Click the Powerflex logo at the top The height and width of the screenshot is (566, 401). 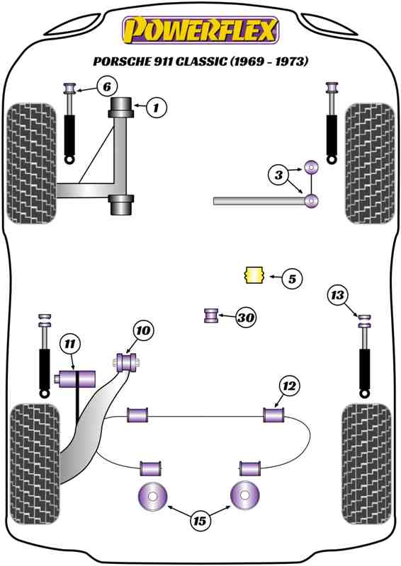[x=200, y=30]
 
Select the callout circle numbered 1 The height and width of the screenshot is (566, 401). [x=156, y=108]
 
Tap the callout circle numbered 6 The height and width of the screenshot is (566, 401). [x=107, y=86]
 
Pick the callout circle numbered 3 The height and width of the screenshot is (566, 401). [x=278, y=175]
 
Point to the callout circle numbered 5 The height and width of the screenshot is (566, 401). [x=292, y=279]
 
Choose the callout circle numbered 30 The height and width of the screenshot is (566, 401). [x=246, y=317]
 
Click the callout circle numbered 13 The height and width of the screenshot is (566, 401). [x=337, y=295]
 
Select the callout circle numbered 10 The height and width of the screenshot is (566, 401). [x=144, y=330]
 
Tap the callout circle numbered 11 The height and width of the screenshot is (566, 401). [x=70, y=344]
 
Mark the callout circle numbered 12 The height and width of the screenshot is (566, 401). [x=289, y=386]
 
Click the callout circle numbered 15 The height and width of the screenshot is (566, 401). [x=200, y=521]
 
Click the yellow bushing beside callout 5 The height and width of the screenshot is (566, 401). [x=253, y=275]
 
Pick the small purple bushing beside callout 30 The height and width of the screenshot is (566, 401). [x=211, y=316]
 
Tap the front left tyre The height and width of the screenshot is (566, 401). [x=32, y=163]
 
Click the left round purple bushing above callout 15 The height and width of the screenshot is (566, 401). [x=152, y=497]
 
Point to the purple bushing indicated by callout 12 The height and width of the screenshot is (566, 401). [x=273, y=415]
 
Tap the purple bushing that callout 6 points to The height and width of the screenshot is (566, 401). [x=69, y=88]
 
